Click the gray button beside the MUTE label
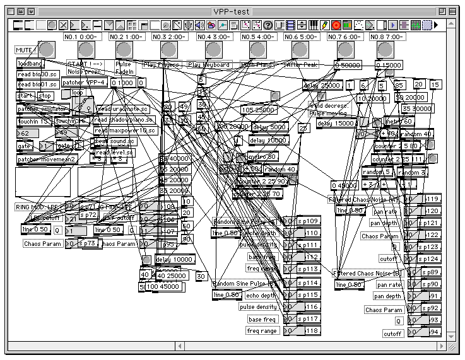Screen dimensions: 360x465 46,49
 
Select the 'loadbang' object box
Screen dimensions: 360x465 31,64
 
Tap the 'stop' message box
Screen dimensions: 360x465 45,96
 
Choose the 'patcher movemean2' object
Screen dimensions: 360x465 46,159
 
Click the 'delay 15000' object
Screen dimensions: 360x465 336,123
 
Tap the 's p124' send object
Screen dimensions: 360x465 431,258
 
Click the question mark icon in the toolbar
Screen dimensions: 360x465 268,25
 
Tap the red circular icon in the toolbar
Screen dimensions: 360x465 336,25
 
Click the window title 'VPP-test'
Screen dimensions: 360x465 232,11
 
